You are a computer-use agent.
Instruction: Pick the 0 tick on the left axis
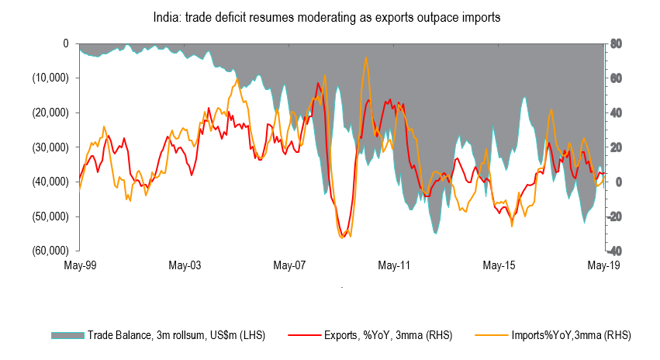(x=67, y=43)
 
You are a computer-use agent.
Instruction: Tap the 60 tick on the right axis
(x=617, y=78)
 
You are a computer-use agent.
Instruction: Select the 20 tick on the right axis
(x=617, y=147)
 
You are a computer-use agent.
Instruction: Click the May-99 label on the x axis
(x=79, y=265)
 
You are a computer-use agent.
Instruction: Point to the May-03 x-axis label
(x=185, y=265)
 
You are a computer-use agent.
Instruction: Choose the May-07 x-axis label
(x=289, y=265)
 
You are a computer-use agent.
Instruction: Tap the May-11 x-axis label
(x=394, y=265)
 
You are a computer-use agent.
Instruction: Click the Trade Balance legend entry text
(x=175, y=335)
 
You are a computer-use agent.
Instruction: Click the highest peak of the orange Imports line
(x=365, y=57)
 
